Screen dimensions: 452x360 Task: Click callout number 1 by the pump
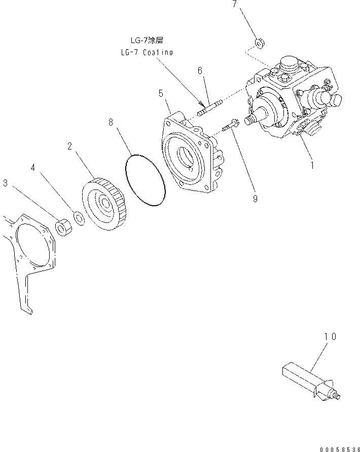tap(312, 165)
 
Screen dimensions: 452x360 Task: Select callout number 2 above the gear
tap(70, 146)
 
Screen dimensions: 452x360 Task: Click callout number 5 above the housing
tap(161, 93)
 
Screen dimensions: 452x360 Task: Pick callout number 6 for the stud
tap(201, 70)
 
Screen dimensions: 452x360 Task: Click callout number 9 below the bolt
tap(255, 199)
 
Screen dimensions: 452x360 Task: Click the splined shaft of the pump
tap(251, 121)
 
